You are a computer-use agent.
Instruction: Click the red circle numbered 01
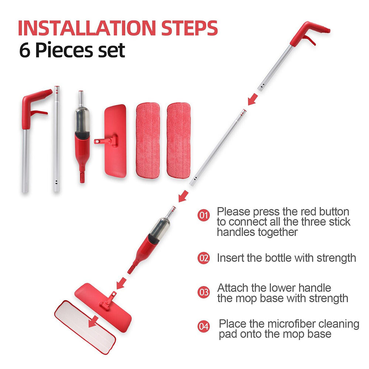click(x=203, y=215)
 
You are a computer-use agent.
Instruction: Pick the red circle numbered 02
click(x=203, y=258)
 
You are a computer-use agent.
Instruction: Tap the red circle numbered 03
click(x=203, y=293)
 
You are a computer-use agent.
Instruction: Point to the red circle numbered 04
click(x=203, y=326)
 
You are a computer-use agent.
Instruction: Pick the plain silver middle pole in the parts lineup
click(x=56, y=140)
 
